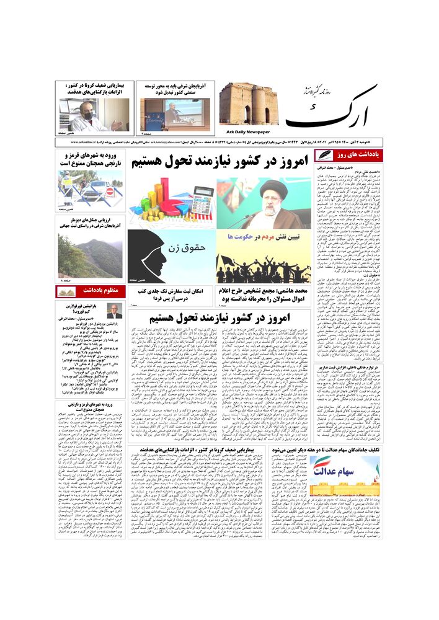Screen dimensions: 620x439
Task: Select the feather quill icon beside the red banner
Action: pyautogui.click(x=324, y=155)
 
